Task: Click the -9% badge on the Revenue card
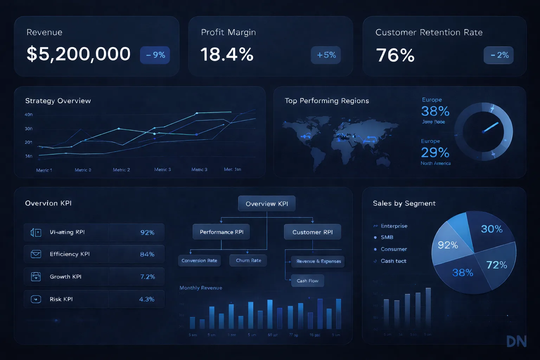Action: (x=155, y=55)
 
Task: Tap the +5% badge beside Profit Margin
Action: (x=326, y=55)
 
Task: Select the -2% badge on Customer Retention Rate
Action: (x=499, y=55)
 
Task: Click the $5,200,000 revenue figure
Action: (x=78, y=54)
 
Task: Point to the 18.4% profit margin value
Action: (x=227, y=55)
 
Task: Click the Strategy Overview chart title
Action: (x=58, y=101)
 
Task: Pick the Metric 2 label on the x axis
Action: (x=121, y=170)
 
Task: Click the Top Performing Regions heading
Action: (x=327, y=101)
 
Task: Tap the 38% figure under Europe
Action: (x=435, y=111)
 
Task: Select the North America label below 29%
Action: (x=436, y=163)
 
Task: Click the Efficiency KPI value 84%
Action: (x=147, y=254)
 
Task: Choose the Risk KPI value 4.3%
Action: (x=147, y=299)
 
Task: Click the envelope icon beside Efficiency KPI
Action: (x=36, y=254)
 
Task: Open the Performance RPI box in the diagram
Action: (x=221, y=232)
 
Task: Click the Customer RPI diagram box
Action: (x=312, y=232)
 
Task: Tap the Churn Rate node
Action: (x=248, y=261)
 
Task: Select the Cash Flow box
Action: (x=308, y=281)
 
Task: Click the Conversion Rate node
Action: (x=199, y=261)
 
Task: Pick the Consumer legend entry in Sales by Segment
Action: (x=394, y=249)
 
